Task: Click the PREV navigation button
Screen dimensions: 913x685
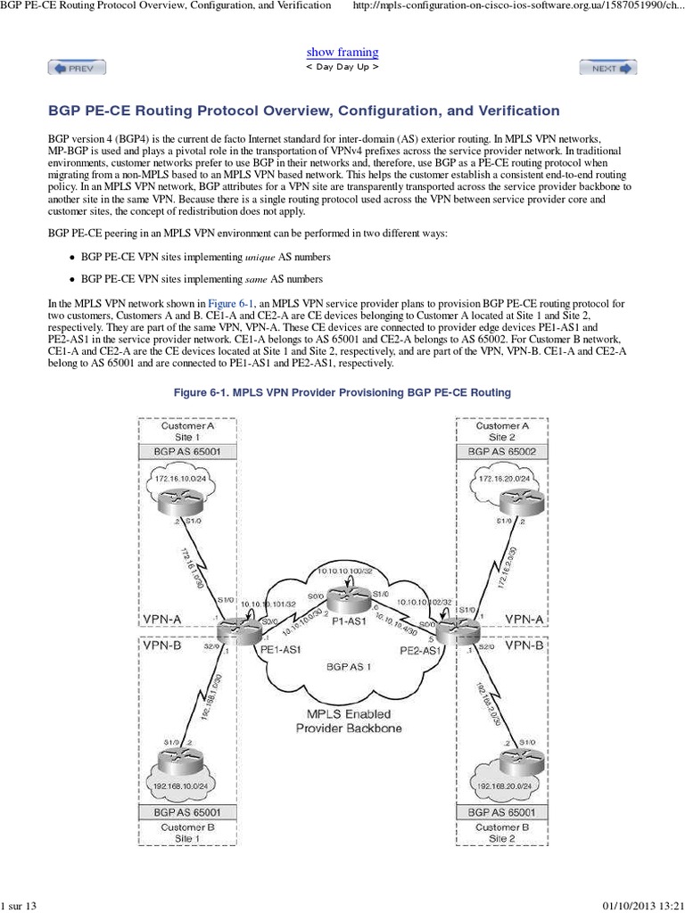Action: point(77,67)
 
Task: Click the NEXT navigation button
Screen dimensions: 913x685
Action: point(608,67)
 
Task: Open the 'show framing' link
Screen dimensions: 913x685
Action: point(342,53)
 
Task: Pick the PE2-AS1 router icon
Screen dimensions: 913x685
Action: point(450,629)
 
